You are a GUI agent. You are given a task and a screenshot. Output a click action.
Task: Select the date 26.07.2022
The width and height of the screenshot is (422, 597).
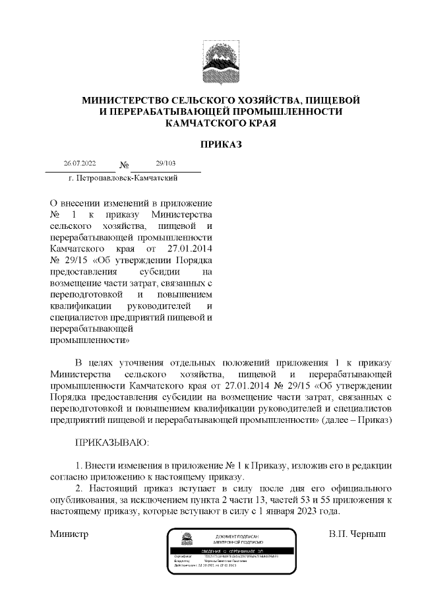click(x=80, y=163)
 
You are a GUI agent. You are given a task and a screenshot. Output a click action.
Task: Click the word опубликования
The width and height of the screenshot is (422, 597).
click(x=84, y=500)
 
